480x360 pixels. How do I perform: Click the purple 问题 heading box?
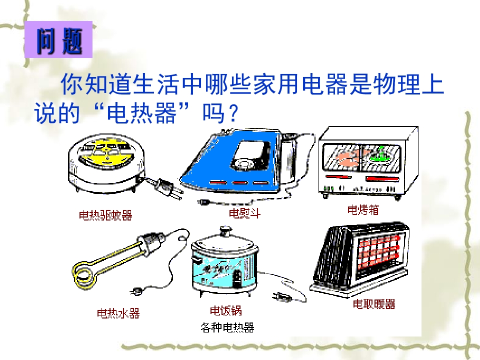tap(58, 39)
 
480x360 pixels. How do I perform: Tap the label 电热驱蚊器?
tap(105, 215)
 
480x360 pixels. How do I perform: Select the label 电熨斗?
tap(244, 213)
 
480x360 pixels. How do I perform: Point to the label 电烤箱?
tap(363, 209)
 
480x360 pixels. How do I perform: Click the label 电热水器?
tap(118, 313)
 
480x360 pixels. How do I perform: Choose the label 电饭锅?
tap(226, 310)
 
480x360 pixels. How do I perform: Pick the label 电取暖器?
tap(374, 304)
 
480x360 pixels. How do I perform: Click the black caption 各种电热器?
tap(227, 327)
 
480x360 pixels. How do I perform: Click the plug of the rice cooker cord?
tap(281, 296)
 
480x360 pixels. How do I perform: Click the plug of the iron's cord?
tap(203, 202)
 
